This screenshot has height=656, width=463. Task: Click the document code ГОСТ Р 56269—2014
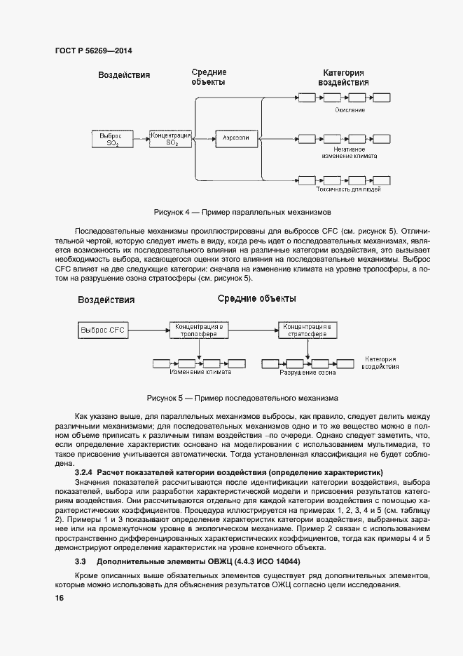[x=93, y=51]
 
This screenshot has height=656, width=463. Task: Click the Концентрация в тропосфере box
[x=200, y=330]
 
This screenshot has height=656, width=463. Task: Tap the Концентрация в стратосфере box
[x=307, y=330]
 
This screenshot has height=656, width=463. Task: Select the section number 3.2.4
[x=85, y=473]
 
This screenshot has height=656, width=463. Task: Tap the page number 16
[x=60, y=598]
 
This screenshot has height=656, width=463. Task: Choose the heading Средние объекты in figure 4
[x=209, y=77]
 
